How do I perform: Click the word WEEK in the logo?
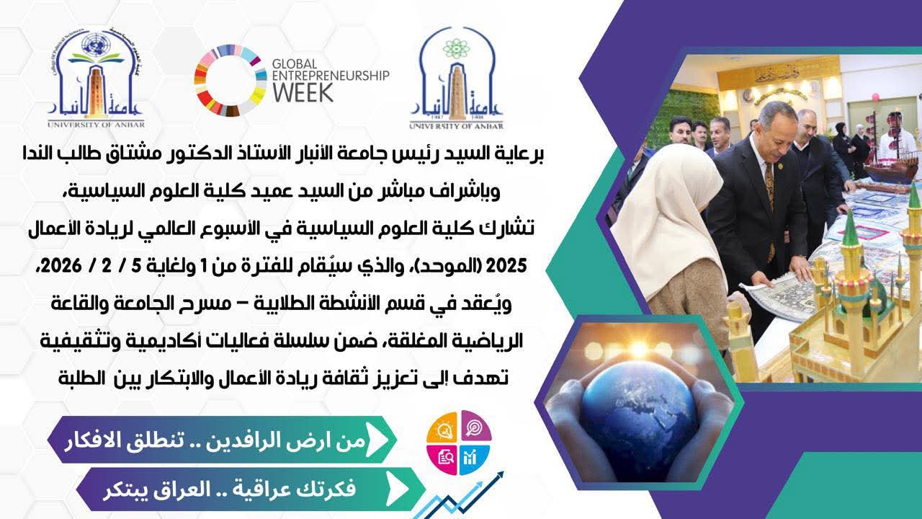(x=303, y=92)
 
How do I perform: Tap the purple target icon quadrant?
(x=475, y=426)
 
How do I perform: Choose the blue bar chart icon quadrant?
(x=475, y=457)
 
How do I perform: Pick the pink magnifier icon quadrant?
(x=442, y=457)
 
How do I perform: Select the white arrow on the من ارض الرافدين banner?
(x=378, y=439)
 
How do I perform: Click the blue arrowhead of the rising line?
(x=498, y=476)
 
